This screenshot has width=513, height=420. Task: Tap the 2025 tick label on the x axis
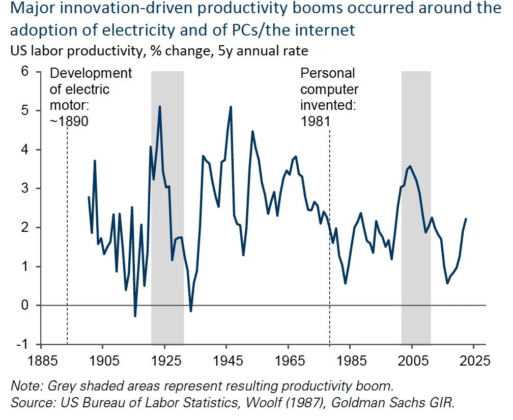[474, 362]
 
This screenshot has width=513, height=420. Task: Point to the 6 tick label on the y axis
[24, 72]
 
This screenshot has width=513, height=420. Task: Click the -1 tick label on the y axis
[22, 344]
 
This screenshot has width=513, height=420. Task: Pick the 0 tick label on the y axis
[24, 305]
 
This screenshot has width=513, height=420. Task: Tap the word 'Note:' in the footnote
[25, 386]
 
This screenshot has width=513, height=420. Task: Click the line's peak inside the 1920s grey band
[160, 106]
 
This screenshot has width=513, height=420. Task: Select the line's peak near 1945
[231, 107]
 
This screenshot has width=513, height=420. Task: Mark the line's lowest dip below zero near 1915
[135, 316]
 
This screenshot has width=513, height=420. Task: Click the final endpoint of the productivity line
[466, 219]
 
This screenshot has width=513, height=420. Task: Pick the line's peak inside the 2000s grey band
[410, 166]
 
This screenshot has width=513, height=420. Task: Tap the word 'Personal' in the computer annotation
[327, 73]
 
